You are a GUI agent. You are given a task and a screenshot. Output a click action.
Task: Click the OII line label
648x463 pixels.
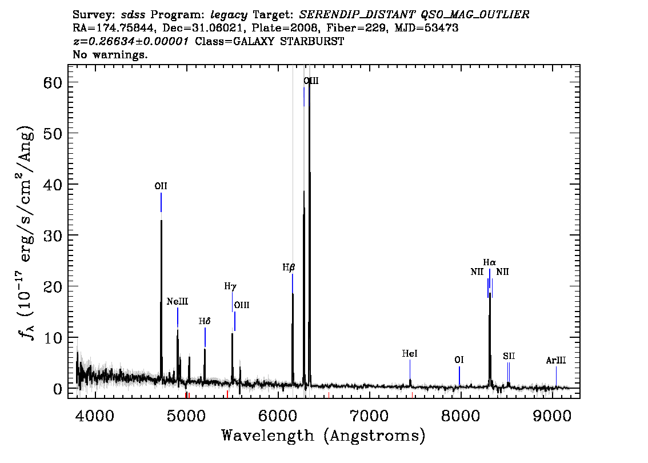click(x=161, y=186)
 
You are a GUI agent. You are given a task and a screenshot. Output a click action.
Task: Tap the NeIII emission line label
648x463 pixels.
click(x=177, y=301)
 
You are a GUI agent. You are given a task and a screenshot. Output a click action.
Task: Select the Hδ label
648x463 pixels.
click(x=205, y=321)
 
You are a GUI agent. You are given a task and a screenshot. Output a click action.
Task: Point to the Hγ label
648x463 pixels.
click(x=230, y=286)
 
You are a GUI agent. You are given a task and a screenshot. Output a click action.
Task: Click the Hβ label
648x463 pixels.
click(x=289, y=268)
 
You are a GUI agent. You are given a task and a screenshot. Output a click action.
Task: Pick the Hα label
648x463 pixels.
click(x=489, y=262)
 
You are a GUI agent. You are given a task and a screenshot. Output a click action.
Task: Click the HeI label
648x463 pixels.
click(x=410, y=353)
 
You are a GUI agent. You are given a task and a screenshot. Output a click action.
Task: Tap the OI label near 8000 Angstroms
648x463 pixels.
click(x=459, y=360)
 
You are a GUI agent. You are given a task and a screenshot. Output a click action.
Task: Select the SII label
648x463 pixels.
click(x=509, y=356)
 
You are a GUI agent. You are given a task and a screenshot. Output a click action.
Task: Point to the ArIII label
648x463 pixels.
click(x=556, y=361)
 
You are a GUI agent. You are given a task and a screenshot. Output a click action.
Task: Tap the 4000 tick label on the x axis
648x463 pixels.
click(x=95, y=415)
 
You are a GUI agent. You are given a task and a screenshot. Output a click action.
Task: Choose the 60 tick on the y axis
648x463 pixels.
click(x=52, y=82)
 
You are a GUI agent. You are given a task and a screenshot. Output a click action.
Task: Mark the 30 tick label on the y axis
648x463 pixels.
click(x=52, y=236)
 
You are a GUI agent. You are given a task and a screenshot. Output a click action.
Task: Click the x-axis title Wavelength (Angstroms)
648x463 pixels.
click(x=323, y=436)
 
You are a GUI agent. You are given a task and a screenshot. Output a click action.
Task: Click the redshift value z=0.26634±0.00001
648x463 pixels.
click(x=131, y=41)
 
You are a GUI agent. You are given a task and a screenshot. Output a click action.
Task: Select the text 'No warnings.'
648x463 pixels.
click(x=110, y=54)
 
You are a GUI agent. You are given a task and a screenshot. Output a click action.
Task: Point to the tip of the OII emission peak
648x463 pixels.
click(x=161, y=220)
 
